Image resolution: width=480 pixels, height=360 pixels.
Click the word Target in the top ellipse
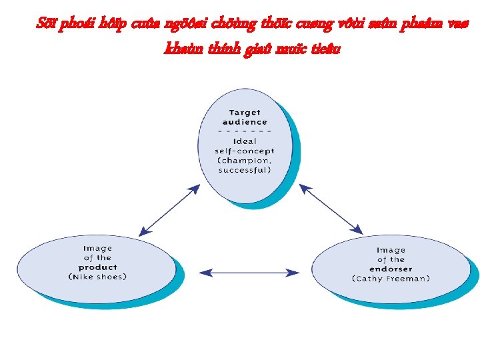[245, 113]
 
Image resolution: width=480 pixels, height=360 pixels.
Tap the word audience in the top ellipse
[245, 122]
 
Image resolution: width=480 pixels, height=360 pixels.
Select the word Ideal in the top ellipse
[245, 141]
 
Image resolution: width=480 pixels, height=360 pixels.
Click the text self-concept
[245, 151]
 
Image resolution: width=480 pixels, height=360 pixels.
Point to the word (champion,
[245, 160]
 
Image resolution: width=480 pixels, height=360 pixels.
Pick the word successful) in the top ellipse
[245, 169]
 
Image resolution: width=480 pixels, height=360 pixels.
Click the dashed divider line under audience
[245, 131]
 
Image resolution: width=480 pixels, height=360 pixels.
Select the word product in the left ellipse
[97, 267]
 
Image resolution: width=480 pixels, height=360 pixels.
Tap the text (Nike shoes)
[97, 276]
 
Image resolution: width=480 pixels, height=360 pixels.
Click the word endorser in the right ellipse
[391, 269]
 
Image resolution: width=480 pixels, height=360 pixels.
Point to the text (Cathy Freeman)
[391, 278]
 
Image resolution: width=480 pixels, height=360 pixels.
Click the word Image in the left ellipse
[97, 248]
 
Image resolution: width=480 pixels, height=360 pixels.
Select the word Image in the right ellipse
[391, 250]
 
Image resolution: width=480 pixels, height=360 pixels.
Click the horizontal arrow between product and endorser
[249, 272]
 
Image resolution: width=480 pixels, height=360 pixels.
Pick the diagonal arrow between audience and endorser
[331, 209]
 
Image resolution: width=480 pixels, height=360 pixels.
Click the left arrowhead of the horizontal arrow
[205, 272]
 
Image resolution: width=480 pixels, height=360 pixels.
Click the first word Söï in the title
[47, 25]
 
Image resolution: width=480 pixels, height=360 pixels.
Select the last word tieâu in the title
[325, 48]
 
